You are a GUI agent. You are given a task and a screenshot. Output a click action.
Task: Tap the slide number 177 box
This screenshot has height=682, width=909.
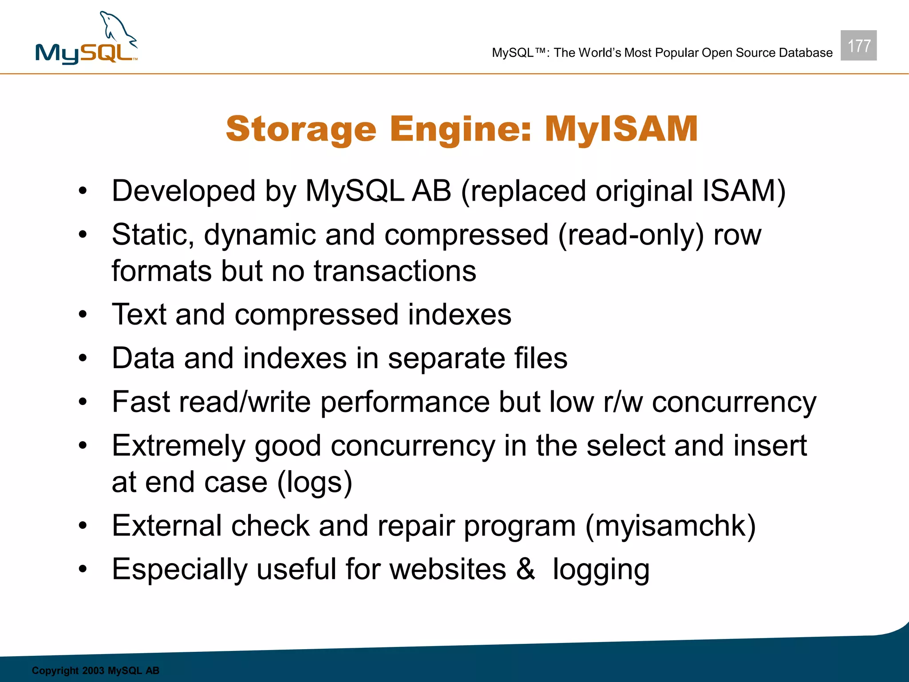click(x=858, y=45)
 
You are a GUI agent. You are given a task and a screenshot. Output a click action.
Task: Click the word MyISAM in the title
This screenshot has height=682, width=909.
click(x=621, y=129)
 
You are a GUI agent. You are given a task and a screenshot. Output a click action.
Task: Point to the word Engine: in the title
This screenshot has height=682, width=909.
click(x=460, y=129)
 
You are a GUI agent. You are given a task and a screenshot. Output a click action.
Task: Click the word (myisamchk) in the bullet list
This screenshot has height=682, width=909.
click(x=670, y=526)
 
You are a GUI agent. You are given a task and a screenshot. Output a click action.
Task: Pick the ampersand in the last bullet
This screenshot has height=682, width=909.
click(x=525, y=569)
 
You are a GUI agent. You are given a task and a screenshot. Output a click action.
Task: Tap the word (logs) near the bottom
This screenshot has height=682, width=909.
click(x=315, y=483)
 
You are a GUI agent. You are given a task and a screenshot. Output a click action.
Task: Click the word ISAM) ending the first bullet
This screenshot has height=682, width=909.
click(x=744, y=191)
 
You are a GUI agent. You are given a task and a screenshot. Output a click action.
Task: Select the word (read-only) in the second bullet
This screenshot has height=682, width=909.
click(x=631, y=235)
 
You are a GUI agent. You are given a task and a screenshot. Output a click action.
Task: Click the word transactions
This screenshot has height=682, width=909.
click(x=395, y=271)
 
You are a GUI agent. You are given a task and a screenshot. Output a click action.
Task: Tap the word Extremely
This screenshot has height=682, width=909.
click(x=178, y=446)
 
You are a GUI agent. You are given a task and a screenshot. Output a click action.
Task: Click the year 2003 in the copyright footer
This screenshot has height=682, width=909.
click(x=93, y=670)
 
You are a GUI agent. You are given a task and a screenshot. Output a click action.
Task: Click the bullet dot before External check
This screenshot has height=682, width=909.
click(x=83, y=526)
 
